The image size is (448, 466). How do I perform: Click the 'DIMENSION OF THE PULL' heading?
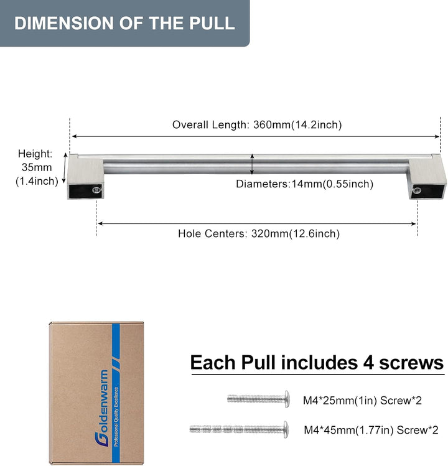coord(124,23)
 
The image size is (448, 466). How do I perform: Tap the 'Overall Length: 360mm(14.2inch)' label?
coord(257,124)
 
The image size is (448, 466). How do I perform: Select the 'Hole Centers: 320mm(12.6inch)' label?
coord(259,233)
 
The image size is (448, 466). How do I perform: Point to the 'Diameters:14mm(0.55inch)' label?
coord(304,184)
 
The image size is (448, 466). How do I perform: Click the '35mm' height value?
coord(37,167)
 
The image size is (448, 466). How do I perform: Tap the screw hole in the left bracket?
coord(96,190)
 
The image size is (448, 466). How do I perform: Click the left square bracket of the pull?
coord(86,176)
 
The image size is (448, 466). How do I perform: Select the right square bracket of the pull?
coord(427,177)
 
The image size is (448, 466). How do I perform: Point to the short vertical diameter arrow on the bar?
coord(252,164)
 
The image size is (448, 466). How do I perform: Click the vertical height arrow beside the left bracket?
coord(65,168)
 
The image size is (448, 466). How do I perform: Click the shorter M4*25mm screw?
coord(258,399)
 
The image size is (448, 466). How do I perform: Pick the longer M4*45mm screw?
coord(239,429)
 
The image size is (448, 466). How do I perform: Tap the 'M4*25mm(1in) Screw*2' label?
coord(362,400)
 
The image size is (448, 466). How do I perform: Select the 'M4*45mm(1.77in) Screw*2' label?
coord(371,430)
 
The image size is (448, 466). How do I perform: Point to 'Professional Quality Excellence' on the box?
coord(116,417)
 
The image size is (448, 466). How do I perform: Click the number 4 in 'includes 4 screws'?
coord(368,363)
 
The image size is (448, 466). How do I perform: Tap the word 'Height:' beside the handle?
coord(35,154)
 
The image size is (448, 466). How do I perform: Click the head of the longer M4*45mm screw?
coord(286,429)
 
